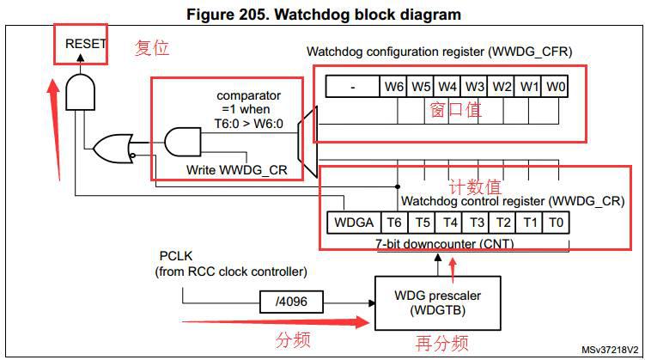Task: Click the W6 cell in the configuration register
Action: [392, 87]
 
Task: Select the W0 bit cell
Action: [555, 87]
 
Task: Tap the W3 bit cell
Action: [474, 87]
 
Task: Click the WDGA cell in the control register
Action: [354, 223]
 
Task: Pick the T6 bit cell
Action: [394, 223]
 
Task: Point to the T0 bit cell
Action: [557, 223]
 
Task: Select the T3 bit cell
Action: [476, 223]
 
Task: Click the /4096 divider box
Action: [291, 302]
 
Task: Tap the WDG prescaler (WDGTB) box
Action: [438, 302]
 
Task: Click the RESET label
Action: [86, 44]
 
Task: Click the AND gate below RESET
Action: [80, 92]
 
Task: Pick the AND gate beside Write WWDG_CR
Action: [183, 142]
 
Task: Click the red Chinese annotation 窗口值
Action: [455, 110]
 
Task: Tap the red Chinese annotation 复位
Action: [152, 48]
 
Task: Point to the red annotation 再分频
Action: [441, 343]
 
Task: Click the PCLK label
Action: [176, 256]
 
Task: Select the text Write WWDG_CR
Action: [236, 170]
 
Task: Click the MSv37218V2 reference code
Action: [610, 351]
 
